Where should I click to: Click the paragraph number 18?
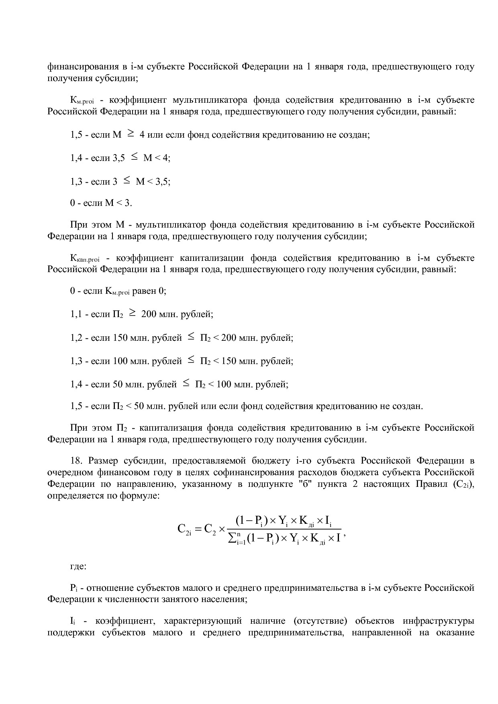click(76, 460)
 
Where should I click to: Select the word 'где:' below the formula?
click(78, 566)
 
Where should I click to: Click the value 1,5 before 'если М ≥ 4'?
click(76, 135)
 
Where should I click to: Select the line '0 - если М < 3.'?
click(101, 203)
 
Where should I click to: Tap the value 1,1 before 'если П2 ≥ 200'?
click(76, 314)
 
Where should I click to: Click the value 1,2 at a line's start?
click(76, 338)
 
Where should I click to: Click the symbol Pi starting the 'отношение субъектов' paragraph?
click(73, 588)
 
